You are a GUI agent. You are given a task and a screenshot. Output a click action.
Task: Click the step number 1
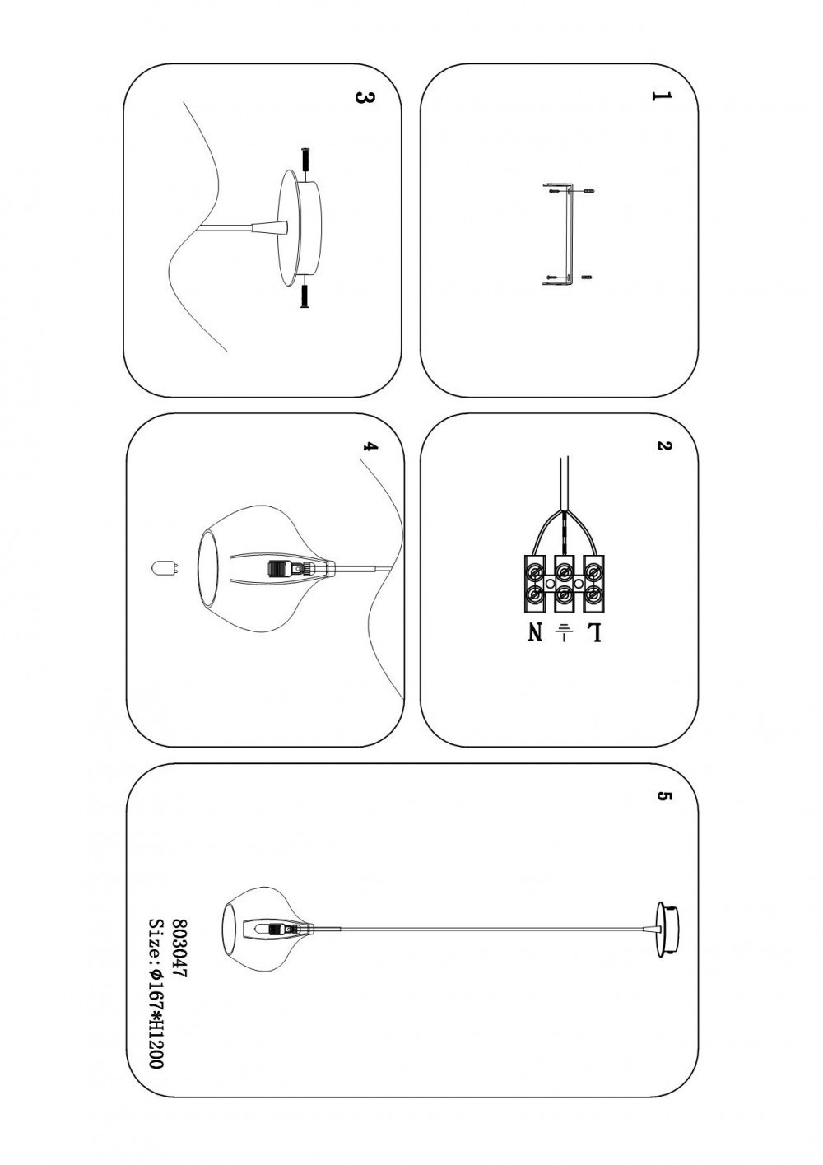tap(660, 97)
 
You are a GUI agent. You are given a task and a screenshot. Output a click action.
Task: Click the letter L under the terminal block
tap(593, 633)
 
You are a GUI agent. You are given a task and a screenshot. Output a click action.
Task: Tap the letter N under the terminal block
tap(536, 633)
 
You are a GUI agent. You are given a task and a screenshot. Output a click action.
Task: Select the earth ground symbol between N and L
tap(565, 632)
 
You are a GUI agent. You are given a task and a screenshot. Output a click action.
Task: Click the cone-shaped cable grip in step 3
tap(269, 226)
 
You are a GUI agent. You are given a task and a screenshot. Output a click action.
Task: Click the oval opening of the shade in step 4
tap(211, 568)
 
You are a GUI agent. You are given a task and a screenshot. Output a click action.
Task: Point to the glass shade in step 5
tap(263, 928)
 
